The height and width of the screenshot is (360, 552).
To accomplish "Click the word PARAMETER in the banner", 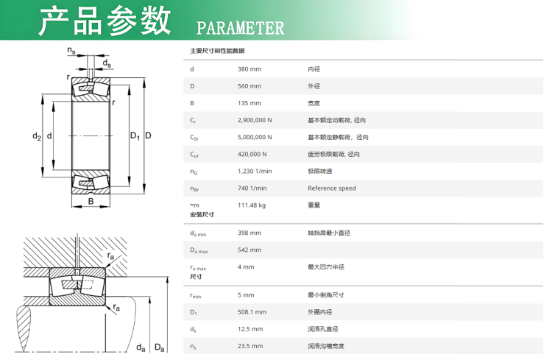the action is (x=240, y=28).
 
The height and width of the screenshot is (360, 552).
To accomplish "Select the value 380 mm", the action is (x=250, y=69).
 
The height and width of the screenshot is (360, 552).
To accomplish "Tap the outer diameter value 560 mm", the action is (x=250, y=86).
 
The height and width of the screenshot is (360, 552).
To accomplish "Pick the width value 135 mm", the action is (x=250, y=103).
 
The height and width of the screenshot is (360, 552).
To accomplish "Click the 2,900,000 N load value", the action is (x=255, y=120).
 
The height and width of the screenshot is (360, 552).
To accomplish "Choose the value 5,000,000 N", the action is (x=255, y=137).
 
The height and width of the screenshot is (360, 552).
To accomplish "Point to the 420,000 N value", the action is (x=252, y=154).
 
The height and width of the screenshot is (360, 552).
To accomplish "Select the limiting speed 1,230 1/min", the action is (x=255, y=172).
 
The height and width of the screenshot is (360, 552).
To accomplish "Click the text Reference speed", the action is (x=332, y=188).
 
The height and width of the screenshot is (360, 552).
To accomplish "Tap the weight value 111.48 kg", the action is (x=252, y=205).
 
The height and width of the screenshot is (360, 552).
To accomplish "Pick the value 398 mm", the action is (x=250, y=233).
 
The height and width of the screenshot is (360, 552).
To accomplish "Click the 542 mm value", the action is (x=250, y=250).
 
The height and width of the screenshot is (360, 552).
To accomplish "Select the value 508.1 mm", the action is (x=252, y=312).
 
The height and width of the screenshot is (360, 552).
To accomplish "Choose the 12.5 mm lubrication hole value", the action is (x=250, y=329).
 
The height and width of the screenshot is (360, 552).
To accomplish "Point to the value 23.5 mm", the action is (x=250, y=346).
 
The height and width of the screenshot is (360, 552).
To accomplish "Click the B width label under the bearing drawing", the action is (x=91, y=201).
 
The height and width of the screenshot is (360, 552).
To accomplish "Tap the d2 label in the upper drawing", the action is (x=37, y=136).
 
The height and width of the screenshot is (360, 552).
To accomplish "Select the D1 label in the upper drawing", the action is (x=135, y=136).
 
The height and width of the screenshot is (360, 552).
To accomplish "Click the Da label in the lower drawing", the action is (x=160, y=347).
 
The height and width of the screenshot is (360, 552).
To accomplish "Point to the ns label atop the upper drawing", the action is (x=71, y=51).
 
